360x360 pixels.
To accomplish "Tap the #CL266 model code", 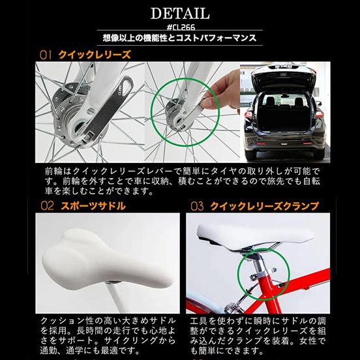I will [179, 27].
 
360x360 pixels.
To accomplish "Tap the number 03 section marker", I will [197, 207].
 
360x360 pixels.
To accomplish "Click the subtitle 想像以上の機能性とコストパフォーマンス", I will [179, 39].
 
